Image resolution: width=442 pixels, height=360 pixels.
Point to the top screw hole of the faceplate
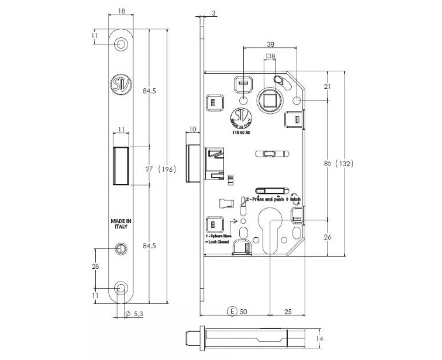coord(121,43)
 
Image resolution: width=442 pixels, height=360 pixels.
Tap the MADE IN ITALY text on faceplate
coord(121,224)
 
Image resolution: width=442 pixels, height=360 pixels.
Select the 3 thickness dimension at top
coord(213,13)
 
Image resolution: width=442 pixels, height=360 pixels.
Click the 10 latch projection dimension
coord(193,129)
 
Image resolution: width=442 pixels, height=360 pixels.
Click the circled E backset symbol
coord(232,311)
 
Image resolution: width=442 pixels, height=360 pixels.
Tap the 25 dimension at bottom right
coord(288,312)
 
